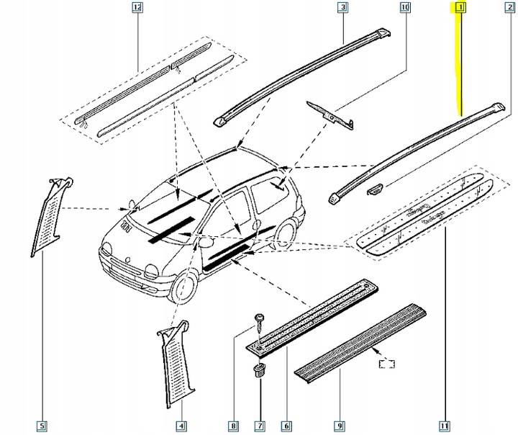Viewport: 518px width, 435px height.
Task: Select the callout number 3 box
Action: point(342,9)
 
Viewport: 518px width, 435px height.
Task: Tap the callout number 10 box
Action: point(404,9)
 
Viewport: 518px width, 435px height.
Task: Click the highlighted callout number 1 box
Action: point(458,9)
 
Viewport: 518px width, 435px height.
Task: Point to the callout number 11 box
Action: point(445,426)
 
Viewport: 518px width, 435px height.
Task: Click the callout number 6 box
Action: point(286,426)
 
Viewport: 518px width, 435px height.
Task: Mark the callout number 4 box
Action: point(180,426)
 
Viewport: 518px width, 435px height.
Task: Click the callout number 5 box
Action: point(42,426)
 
